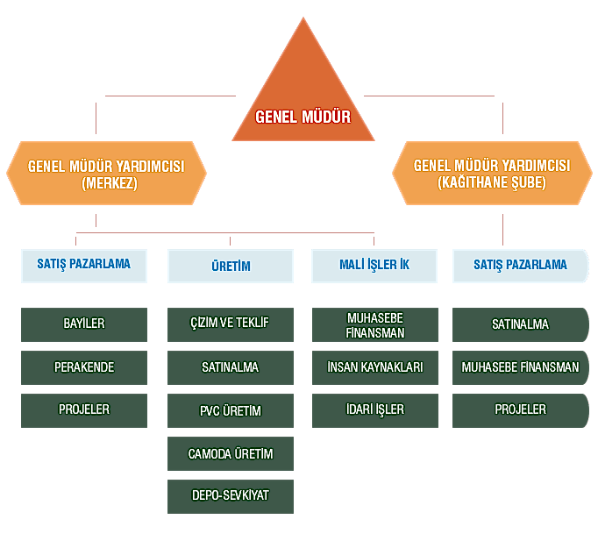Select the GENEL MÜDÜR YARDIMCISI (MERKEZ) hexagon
[x=106, y=173]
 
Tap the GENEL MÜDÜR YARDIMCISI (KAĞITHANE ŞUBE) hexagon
[x=492, y=173]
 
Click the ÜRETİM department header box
[x=231, y=266]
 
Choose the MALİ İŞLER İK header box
[x=374, y=266]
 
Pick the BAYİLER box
[x=84, y=324]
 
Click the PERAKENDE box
[x=84, y=367]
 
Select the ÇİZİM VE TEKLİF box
[x=231, y=324]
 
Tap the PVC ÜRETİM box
[x=231, y=410]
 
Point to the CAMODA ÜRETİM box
[x=231, y=453]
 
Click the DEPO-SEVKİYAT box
[x=231, y=496]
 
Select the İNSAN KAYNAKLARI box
[x=375, y=367]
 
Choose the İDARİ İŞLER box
[x=375, y=410]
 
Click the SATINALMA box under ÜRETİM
[x=231, y=367]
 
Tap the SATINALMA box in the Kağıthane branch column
[x=521, y=324]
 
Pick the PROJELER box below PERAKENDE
[x=84, y=410]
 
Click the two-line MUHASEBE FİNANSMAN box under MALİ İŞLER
[x=375, y=324]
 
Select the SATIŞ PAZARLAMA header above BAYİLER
[x=84, y=266]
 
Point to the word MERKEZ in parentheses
[x=110, y=183]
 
